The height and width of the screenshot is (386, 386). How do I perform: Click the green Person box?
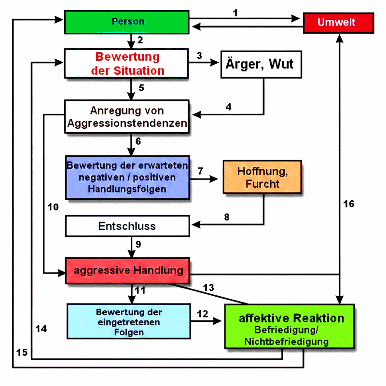(127, 22)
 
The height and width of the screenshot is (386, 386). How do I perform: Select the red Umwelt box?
(338, 23)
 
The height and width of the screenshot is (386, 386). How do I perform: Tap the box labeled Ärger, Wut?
(261, 64)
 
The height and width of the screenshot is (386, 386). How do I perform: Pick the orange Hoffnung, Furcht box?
(262, 178)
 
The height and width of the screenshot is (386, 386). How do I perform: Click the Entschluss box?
(127, 226)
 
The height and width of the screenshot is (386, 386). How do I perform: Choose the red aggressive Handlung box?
(127, 270)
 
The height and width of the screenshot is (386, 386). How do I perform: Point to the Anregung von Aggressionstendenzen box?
(127, 117)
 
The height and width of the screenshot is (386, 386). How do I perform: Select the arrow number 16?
(349, 204)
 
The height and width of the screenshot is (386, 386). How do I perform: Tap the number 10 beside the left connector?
(53, 207)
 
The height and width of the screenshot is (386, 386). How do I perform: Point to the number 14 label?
(41, 329)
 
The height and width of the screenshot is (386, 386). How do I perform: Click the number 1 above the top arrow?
(235, 13)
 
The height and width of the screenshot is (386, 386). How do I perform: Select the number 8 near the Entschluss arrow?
(226, 217)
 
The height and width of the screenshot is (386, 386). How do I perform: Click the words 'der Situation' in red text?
(128, 71)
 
